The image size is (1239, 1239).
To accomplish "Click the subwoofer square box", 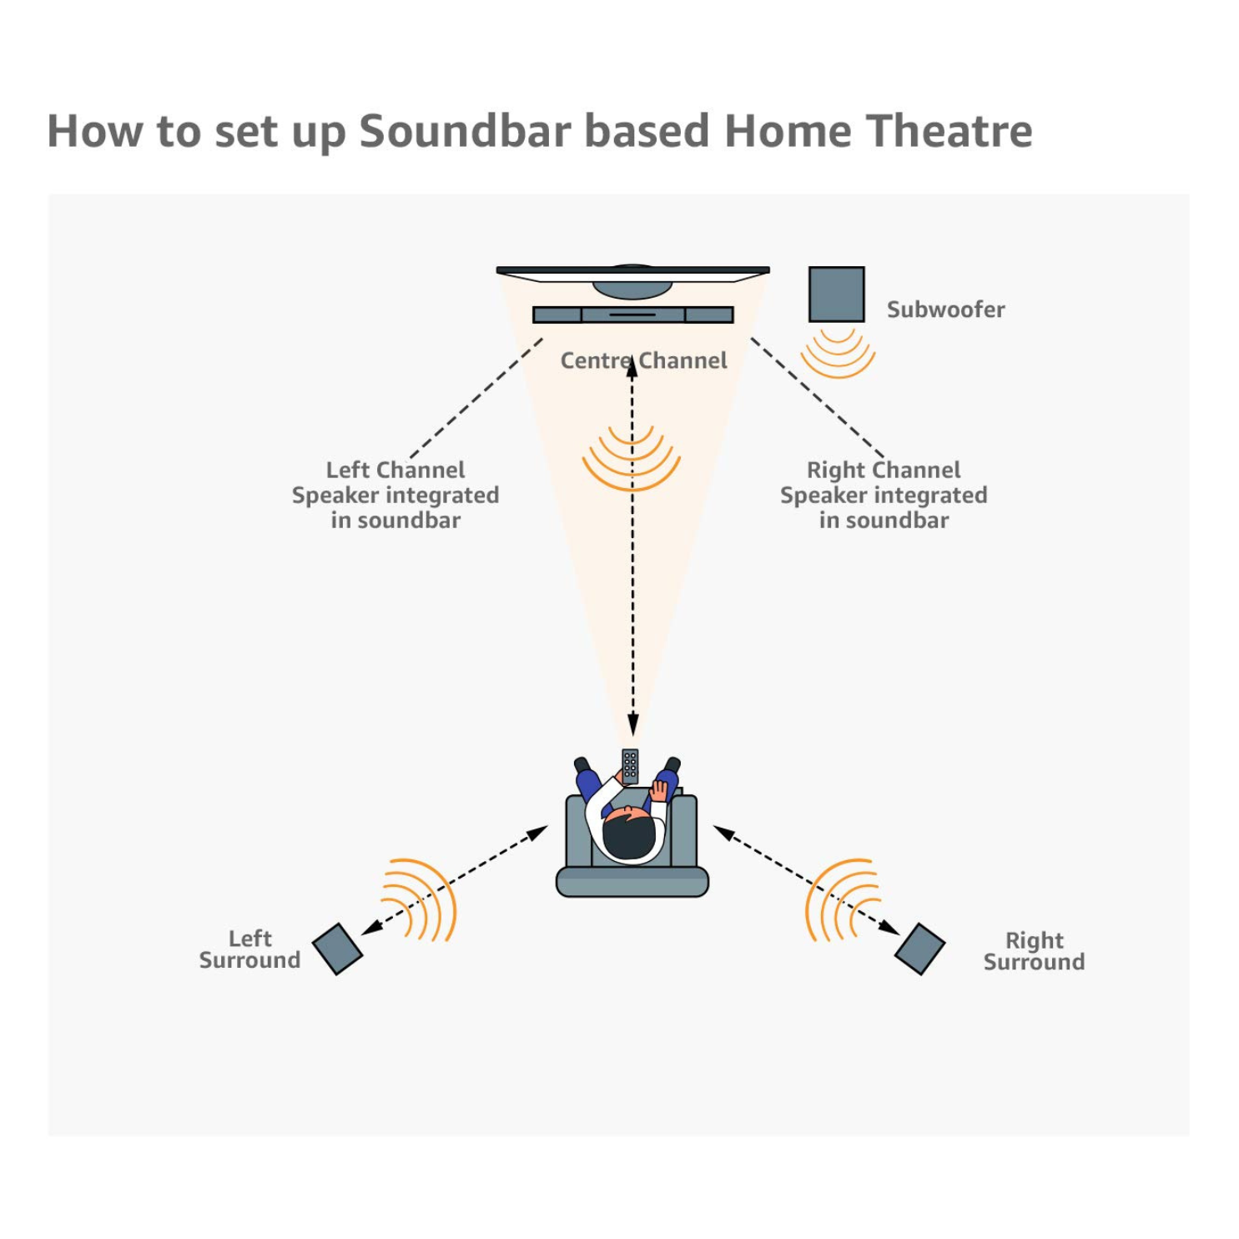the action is tap(836, 294).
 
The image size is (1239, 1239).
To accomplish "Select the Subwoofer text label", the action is tap(945, 310).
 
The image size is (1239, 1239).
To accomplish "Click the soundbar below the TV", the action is tap(632, 315).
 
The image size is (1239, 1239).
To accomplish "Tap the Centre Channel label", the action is tap(643, 360).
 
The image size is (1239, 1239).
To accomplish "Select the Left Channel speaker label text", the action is tap(395, 495).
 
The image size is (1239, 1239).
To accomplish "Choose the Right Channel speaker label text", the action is tap(884, 495).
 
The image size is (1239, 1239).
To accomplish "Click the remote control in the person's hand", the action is tap(630, 766).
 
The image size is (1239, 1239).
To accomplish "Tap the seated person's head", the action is tap(629, 835).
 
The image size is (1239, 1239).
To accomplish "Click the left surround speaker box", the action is tap(337, 949).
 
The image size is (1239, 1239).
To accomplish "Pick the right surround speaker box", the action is tap(919, 949).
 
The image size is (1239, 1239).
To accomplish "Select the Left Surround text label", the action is tap(249, 949).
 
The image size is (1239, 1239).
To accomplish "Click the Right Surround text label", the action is tap(1034, 951).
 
